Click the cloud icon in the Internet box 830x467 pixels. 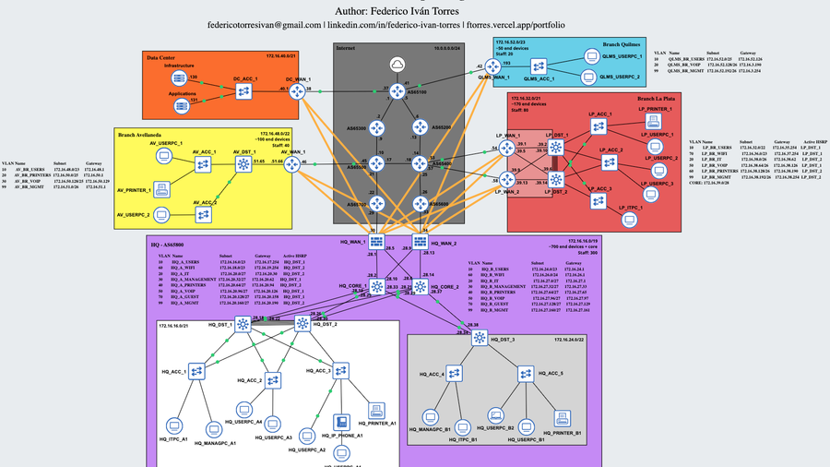click(397, 64)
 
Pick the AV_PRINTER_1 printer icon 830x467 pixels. click(163, 190)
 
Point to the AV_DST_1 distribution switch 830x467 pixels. click(244, 163)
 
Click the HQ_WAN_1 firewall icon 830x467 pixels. click(377, 242)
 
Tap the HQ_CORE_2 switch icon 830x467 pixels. click(420, 287)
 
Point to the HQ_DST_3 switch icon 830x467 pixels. click(480, 339)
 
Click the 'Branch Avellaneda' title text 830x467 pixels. click(140, 134)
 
